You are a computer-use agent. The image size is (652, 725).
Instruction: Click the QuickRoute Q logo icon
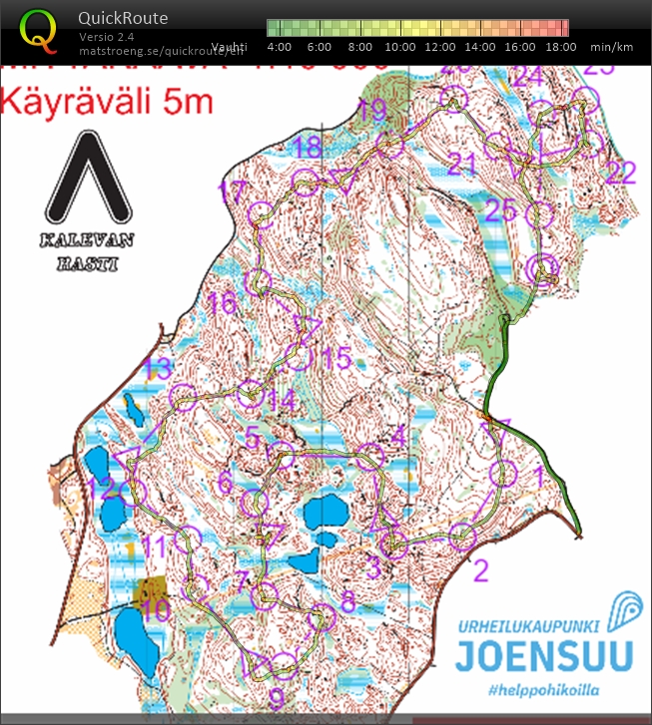click(39, 30)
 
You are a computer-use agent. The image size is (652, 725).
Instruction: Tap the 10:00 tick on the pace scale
click(400, 47)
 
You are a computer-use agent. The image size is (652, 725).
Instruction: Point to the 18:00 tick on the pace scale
click(561, 47)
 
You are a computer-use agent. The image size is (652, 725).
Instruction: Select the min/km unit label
click(611, 47)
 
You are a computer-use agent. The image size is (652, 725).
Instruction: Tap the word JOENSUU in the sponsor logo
click(544, 656)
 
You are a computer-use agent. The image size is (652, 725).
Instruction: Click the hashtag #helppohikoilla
click(543, 690)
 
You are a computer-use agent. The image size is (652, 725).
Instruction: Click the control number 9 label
click(277, 695)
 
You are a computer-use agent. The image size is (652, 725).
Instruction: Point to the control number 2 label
click(480, 571)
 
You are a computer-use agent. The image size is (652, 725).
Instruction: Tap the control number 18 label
click(308, 149)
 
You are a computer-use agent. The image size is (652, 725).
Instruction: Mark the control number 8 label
click(346, 601)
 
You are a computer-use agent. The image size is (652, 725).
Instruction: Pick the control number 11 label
click(154, 546)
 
